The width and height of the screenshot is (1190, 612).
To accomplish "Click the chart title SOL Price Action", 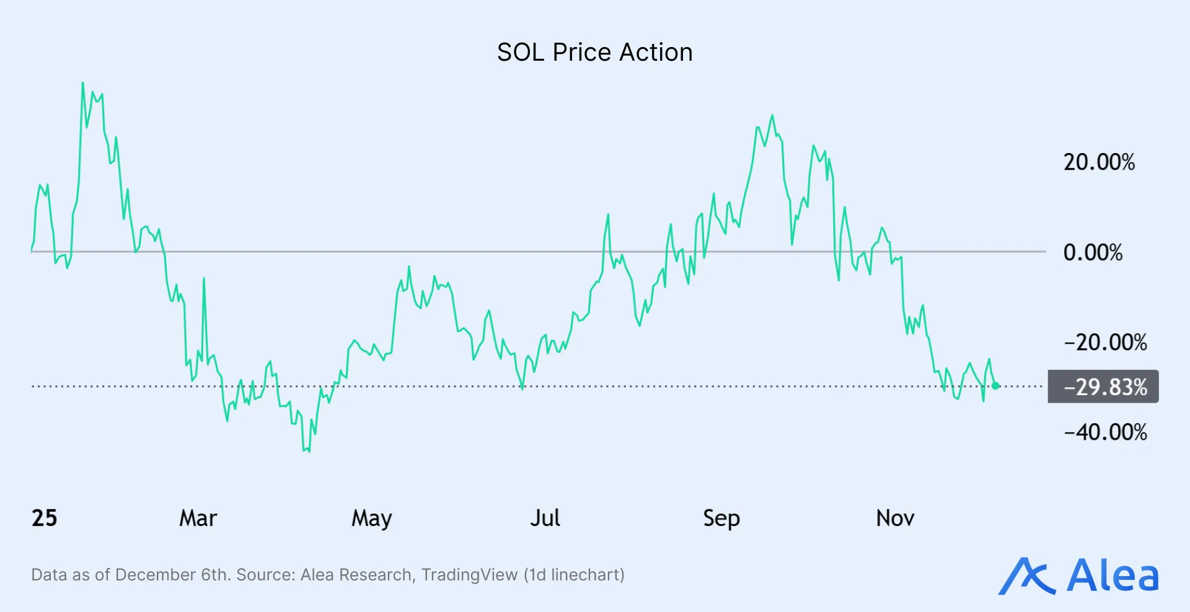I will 594,52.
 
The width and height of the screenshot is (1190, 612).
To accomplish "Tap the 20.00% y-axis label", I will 1099,162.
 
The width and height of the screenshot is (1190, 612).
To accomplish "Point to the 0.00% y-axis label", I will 1093,252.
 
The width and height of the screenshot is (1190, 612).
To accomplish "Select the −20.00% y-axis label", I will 1105,342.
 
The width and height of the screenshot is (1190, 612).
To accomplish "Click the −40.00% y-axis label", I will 1105,432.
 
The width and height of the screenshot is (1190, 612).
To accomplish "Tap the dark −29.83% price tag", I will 1103,387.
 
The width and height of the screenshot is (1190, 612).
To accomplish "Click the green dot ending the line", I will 995,385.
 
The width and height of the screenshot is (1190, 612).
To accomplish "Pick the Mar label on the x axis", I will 198,518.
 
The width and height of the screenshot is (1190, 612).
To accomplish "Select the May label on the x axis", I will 371,518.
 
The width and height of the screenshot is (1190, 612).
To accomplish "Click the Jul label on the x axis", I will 545,518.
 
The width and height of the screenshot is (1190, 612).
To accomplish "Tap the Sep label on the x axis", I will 721,518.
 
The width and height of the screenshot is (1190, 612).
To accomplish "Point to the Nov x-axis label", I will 895,518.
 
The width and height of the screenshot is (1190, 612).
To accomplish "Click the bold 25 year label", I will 44,518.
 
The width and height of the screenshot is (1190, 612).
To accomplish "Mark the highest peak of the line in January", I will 82,83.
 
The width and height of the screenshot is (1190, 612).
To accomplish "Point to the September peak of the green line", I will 772,116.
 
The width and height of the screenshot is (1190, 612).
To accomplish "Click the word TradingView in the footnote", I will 469,575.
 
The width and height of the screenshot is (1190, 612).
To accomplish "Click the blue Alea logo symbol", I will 1026,577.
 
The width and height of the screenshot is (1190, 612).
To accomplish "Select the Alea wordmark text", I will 1112,577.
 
